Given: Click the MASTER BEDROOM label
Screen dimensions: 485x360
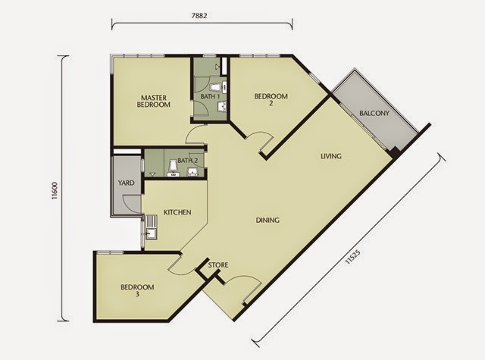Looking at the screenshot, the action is point(153,101).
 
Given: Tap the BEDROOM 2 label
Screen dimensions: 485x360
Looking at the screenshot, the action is point(271,99).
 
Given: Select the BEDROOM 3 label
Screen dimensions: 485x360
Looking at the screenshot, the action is point(137,290).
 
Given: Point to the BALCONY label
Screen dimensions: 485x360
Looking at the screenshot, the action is point(374,113).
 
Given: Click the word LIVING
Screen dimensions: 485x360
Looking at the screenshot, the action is point(331,156).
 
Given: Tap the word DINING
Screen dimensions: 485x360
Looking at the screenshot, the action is point(268,221).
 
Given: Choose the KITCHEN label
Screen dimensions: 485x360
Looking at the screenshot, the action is point(177,212).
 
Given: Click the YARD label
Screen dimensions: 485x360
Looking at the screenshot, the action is point(127,183).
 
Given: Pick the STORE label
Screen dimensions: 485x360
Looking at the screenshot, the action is point(218,265).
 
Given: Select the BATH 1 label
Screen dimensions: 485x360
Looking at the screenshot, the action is point(210,96).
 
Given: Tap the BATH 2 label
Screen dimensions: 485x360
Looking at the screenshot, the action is point(188,161).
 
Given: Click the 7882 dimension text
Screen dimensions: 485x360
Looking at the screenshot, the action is point(199,15).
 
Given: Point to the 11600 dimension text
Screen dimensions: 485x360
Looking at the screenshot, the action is point(55,190).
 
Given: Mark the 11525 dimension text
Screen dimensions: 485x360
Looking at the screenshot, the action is point(352,257).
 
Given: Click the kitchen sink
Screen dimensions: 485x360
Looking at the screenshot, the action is point(152,233).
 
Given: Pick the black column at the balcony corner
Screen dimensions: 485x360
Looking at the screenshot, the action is point(395,152).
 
